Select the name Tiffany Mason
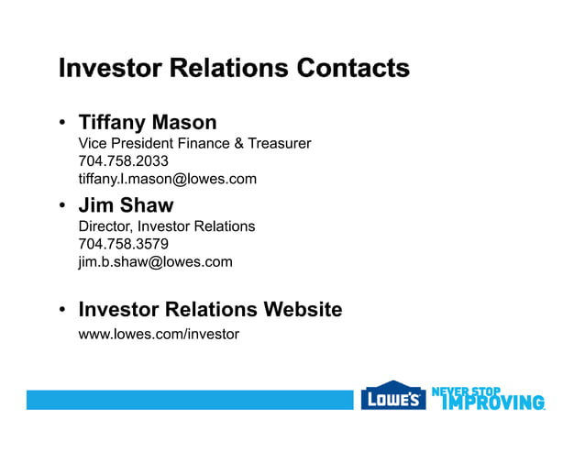148,122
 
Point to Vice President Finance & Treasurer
194,143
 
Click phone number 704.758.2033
123,161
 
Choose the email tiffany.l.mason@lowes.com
167,179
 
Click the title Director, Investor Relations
167,226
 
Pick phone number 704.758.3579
123,244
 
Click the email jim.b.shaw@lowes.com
155,261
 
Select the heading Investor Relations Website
210,309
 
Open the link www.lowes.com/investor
159,334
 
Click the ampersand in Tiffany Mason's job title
241,143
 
